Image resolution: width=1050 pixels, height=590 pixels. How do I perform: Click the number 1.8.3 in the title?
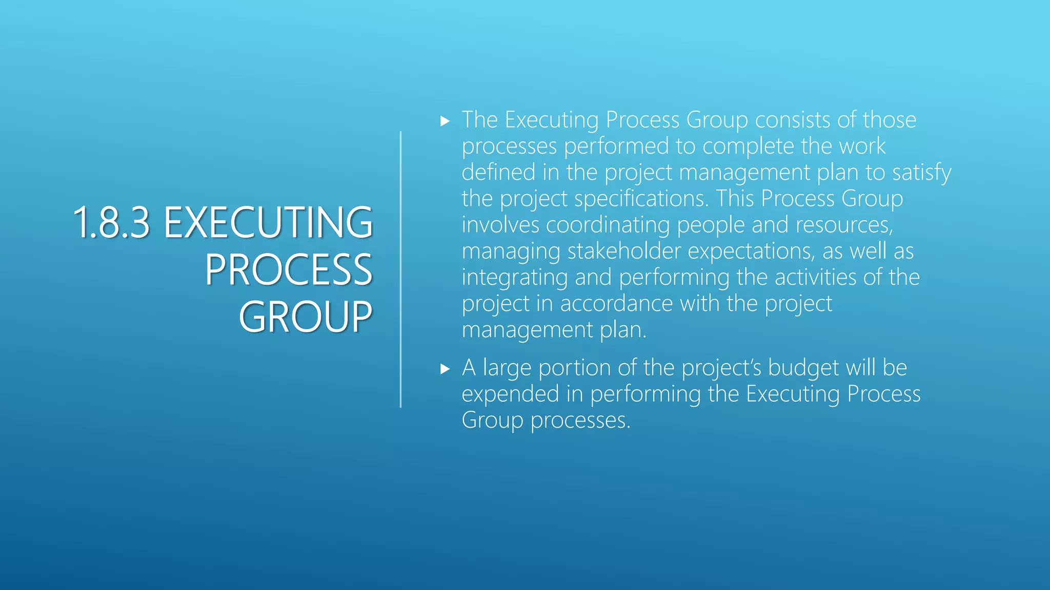[x=112, y=222]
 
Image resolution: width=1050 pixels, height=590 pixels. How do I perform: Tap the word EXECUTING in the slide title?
[x=268, y=222]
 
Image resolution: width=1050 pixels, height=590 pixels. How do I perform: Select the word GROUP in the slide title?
[x=306, y=317]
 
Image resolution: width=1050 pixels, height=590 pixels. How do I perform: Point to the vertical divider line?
[x=400, y=269]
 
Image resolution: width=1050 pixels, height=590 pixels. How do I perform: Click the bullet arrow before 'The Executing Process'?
[x=445, y=121]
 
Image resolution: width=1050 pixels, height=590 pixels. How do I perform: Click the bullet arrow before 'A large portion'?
[x=445, y=369]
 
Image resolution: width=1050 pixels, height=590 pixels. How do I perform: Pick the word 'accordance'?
[x=616, y=303]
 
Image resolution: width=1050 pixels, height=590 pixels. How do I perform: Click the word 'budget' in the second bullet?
[x=803, y=368]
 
